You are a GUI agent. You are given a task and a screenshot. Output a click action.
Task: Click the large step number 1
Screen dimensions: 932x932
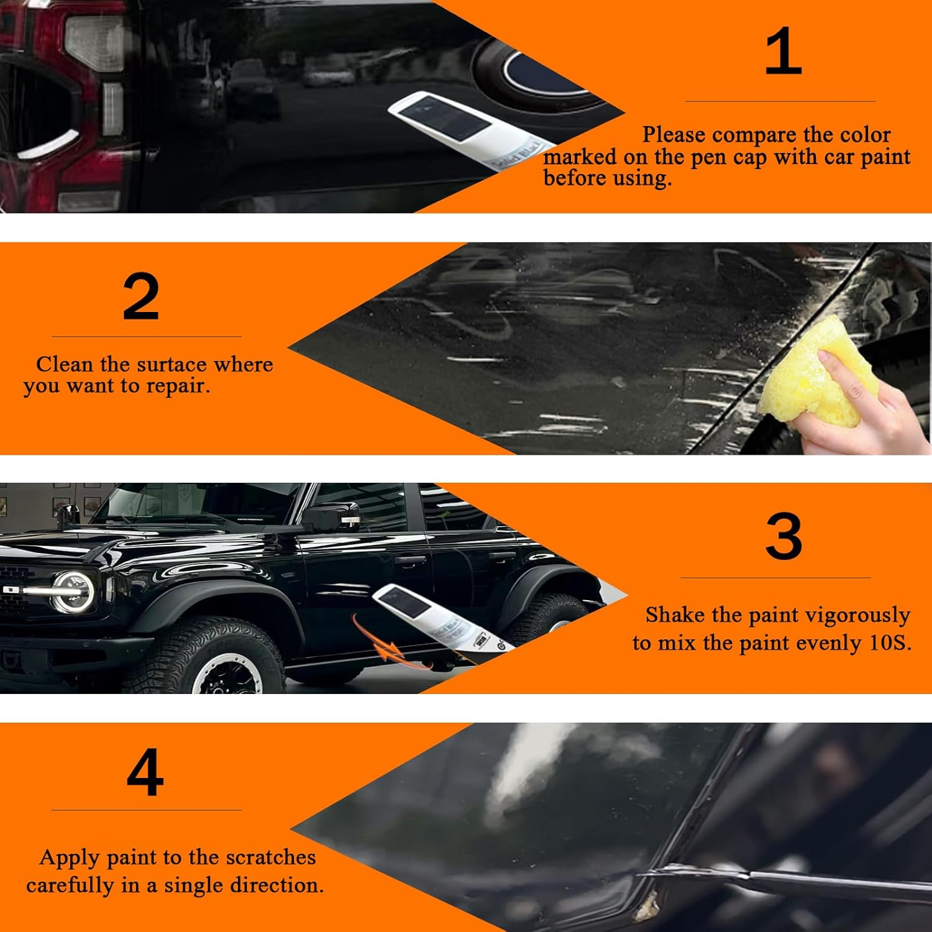782,52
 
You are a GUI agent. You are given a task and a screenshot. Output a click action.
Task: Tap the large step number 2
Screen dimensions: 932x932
140,297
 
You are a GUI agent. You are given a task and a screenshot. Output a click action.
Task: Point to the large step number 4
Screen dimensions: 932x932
145,772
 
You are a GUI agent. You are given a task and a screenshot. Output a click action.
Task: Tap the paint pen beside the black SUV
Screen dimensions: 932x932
435,615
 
